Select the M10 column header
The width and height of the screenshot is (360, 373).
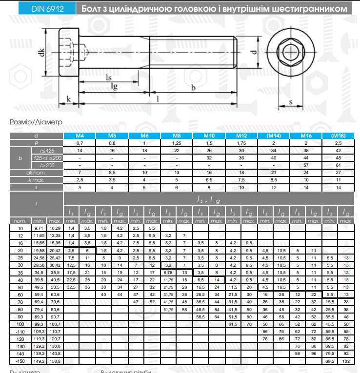coord(209,136)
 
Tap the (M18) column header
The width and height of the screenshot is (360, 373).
coord(338,136)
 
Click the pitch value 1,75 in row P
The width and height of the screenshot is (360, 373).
coord(241,143)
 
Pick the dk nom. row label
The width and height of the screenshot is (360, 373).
coord(37,172)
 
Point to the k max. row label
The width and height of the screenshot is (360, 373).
coord(37,180)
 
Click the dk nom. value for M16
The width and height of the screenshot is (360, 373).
coord(306,172)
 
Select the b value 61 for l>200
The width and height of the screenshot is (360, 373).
coord(338,165)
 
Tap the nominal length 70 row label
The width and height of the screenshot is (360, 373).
coord(20,302)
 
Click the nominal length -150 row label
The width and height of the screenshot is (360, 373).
coord(20,361)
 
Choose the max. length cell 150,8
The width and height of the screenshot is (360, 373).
coord(55,361)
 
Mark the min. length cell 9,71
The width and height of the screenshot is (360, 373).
coord(39,228)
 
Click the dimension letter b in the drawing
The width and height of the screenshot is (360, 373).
coord(193,87)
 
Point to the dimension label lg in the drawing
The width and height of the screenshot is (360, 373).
coord(114,87)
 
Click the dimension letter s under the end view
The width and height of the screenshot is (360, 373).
coord(291,102)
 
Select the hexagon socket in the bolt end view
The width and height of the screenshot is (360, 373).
coord(291,52)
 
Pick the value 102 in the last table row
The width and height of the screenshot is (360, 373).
coord(346,361)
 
